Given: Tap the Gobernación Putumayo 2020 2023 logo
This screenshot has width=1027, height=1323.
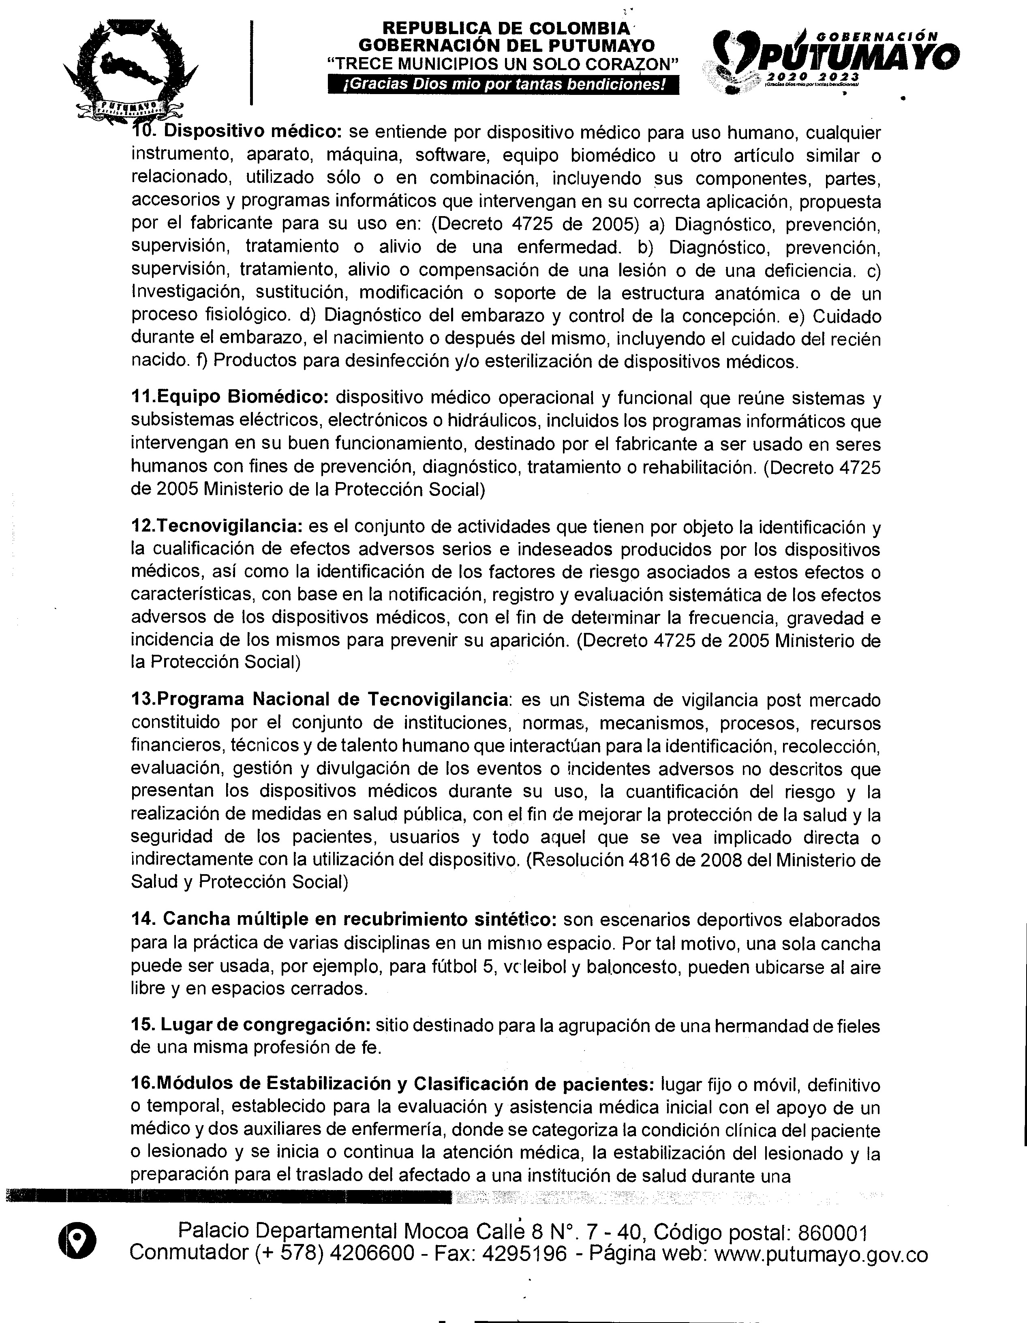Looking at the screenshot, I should click(830, 60).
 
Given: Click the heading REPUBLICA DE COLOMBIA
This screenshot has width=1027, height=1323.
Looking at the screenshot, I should click(506, 28).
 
